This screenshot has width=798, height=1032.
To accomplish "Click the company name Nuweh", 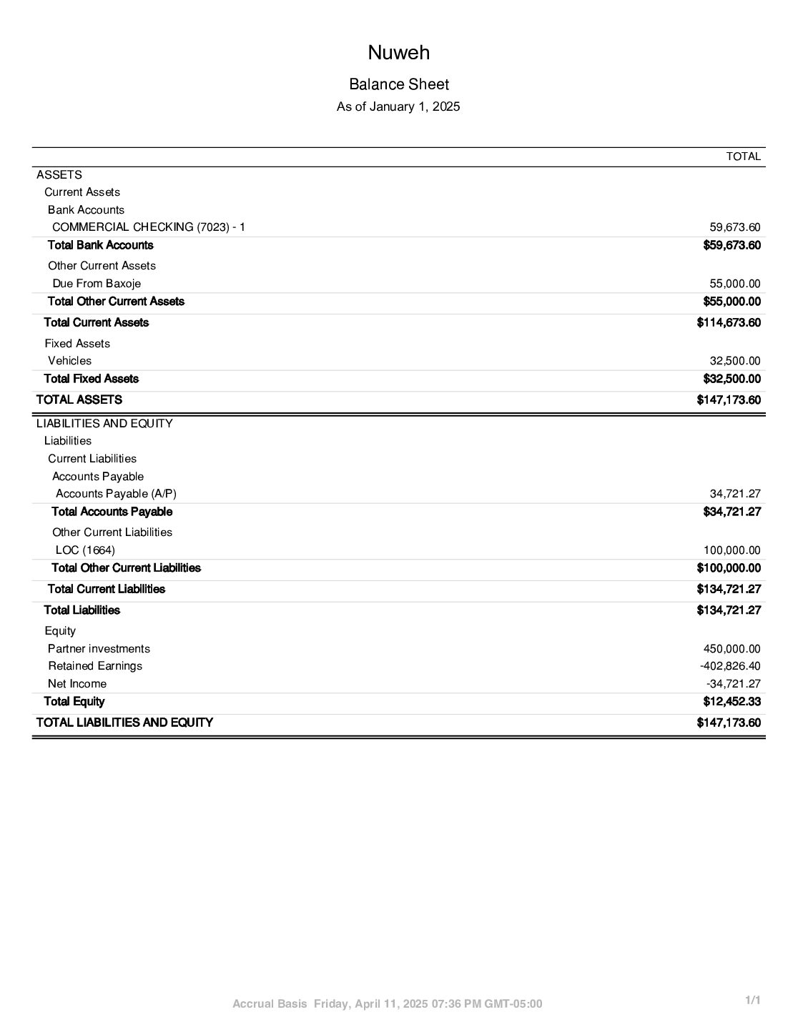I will [x=398, y=53].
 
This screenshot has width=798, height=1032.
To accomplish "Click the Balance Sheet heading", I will [x=398, y=84].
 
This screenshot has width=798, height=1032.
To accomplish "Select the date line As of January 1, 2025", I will [x=398, y=107].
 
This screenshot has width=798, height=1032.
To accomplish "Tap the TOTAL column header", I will [x=743, y=157].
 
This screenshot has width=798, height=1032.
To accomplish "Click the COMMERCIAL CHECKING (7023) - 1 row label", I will [x=149, y=227].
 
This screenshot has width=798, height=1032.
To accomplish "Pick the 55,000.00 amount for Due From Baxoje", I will [x=734, y=284].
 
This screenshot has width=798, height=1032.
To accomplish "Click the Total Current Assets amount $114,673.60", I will [x=728, y=322].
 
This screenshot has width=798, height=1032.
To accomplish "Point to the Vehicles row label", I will [x=70, y=361].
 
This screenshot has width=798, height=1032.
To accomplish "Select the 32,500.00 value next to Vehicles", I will [x=734, y=361].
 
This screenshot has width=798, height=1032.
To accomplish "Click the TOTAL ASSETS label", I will [x=79, y=400].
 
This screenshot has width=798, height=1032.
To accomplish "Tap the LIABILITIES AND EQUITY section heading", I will [x=104, y=423].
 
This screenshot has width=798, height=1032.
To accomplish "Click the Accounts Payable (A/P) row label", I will [x=116, y=494].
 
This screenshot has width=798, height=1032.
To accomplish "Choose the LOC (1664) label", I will [x=85, y=550].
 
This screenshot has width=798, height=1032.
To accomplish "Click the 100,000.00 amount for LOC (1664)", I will [x=731, y=550].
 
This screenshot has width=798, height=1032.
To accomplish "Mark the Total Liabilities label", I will [x=82, y=610].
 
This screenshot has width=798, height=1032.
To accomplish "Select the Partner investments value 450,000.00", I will [x=731, y=649].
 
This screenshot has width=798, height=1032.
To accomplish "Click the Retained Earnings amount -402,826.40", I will [x=729, y=666].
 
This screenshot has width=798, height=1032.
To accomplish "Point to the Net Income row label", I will [x=77, y=684].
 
